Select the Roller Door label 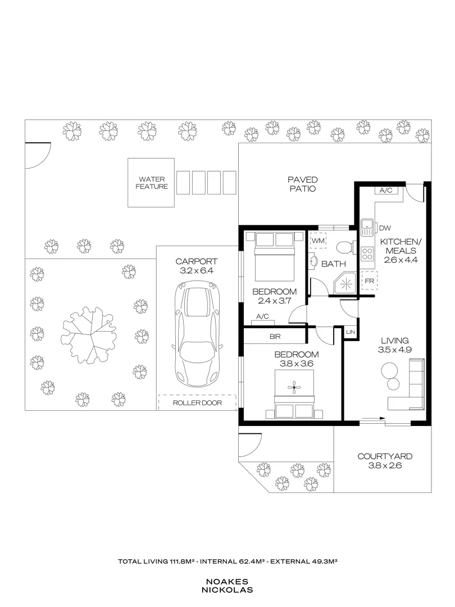[x=197, y=403]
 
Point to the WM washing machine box [x=319, y=241]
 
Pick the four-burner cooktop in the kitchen [x=368, y=253]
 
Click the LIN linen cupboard [x=351, y=332]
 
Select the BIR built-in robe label [x=275, y=337]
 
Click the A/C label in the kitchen [x=386, y=191]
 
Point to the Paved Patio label [x=303, y=184]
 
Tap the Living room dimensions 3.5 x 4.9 [x=394, y=350]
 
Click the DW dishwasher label [x=385, y=228]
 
